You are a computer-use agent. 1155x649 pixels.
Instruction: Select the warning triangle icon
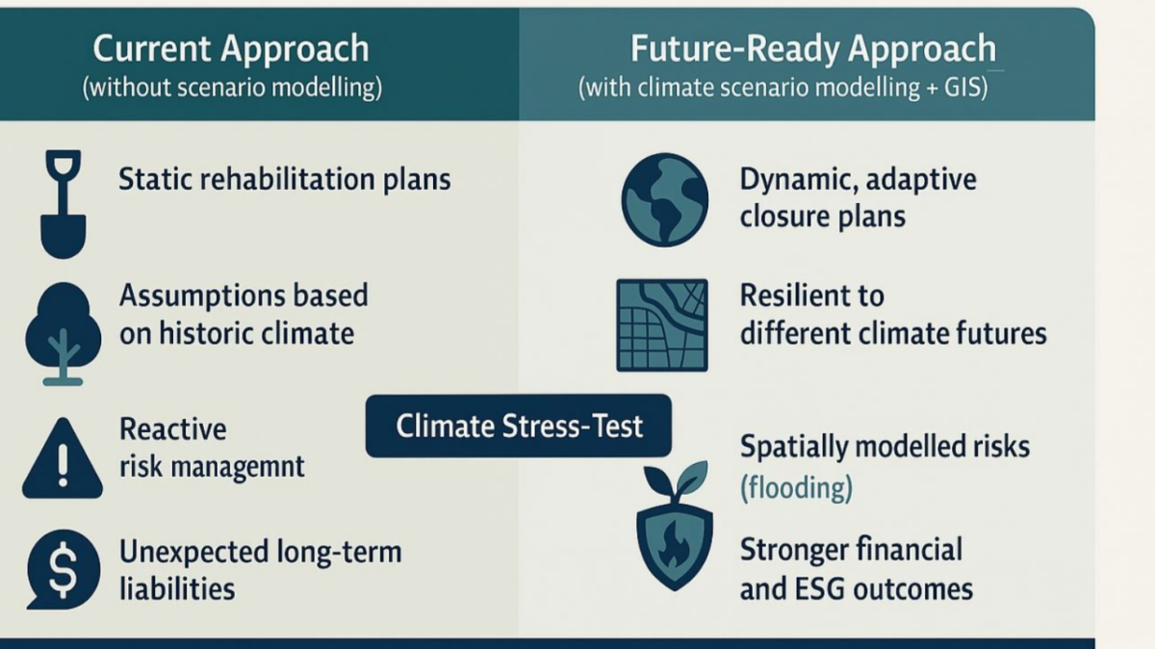tap(63, 458)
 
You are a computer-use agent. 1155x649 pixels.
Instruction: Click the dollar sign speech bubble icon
tap(63, 569)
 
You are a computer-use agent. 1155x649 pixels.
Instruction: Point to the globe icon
tap(665, 199)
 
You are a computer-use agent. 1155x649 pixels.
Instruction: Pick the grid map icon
tap(662, 325)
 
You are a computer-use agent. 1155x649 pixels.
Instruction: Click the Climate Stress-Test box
tap(519, 427)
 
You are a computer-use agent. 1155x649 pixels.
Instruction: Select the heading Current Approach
tap(231, 49)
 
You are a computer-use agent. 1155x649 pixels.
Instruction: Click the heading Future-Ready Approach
tap(813, 49)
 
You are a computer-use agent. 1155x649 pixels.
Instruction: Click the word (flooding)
tap(796, 487)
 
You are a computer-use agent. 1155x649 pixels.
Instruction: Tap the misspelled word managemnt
tap(212, 467)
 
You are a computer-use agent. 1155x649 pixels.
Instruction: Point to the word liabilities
tap(177, 588)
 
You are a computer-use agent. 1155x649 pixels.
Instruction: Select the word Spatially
tap(794, 448)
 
